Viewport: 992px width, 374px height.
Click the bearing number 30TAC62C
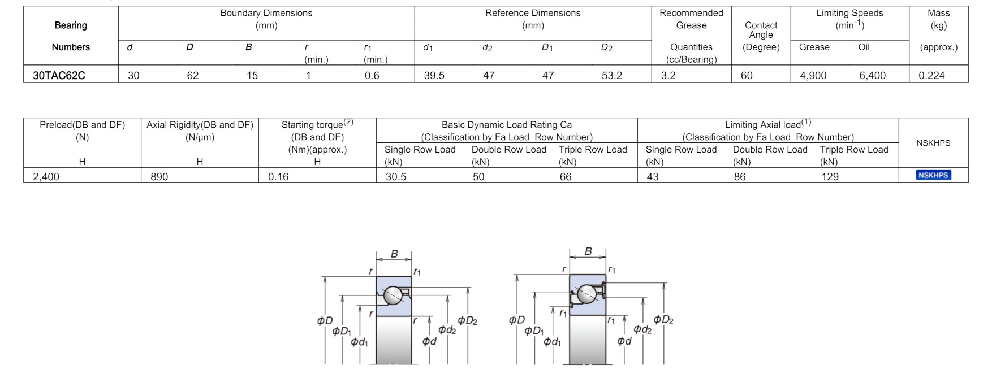tap(59, 75)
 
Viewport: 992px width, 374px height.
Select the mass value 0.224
tap(931, 75)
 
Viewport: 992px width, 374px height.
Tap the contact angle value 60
tap(747, 75)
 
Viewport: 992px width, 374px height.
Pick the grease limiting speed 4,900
tap(813, 75)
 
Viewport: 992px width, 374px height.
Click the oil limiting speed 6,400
tap(872, 75)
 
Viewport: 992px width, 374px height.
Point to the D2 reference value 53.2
tap(611, 75)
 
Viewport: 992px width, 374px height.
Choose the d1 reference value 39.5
tap(434, 75)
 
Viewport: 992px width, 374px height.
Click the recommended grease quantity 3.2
tap(668, 75)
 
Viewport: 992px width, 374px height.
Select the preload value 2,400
tap(46, 176)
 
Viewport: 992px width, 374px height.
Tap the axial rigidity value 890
tap(159, 176)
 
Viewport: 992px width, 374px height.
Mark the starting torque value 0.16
tap(278, 176)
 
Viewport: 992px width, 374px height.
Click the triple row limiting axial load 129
tap(830, 176)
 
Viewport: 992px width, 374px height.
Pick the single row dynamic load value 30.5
tap(396, 176)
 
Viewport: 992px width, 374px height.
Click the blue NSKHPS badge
tap(933, 175)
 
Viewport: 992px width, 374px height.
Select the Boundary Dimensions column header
tap(266, 19)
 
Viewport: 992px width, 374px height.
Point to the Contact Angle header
tap(761, 35)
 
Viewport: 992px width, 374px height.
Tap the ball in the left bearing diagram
tap(393, 295)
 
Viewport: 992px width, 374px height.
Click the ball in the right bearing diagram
tap(586, 294)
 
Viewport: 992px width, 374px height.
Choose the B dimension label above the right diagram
tap(588, 251)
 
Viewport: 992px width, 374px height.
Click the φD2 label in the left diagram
tap(467, 320)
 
